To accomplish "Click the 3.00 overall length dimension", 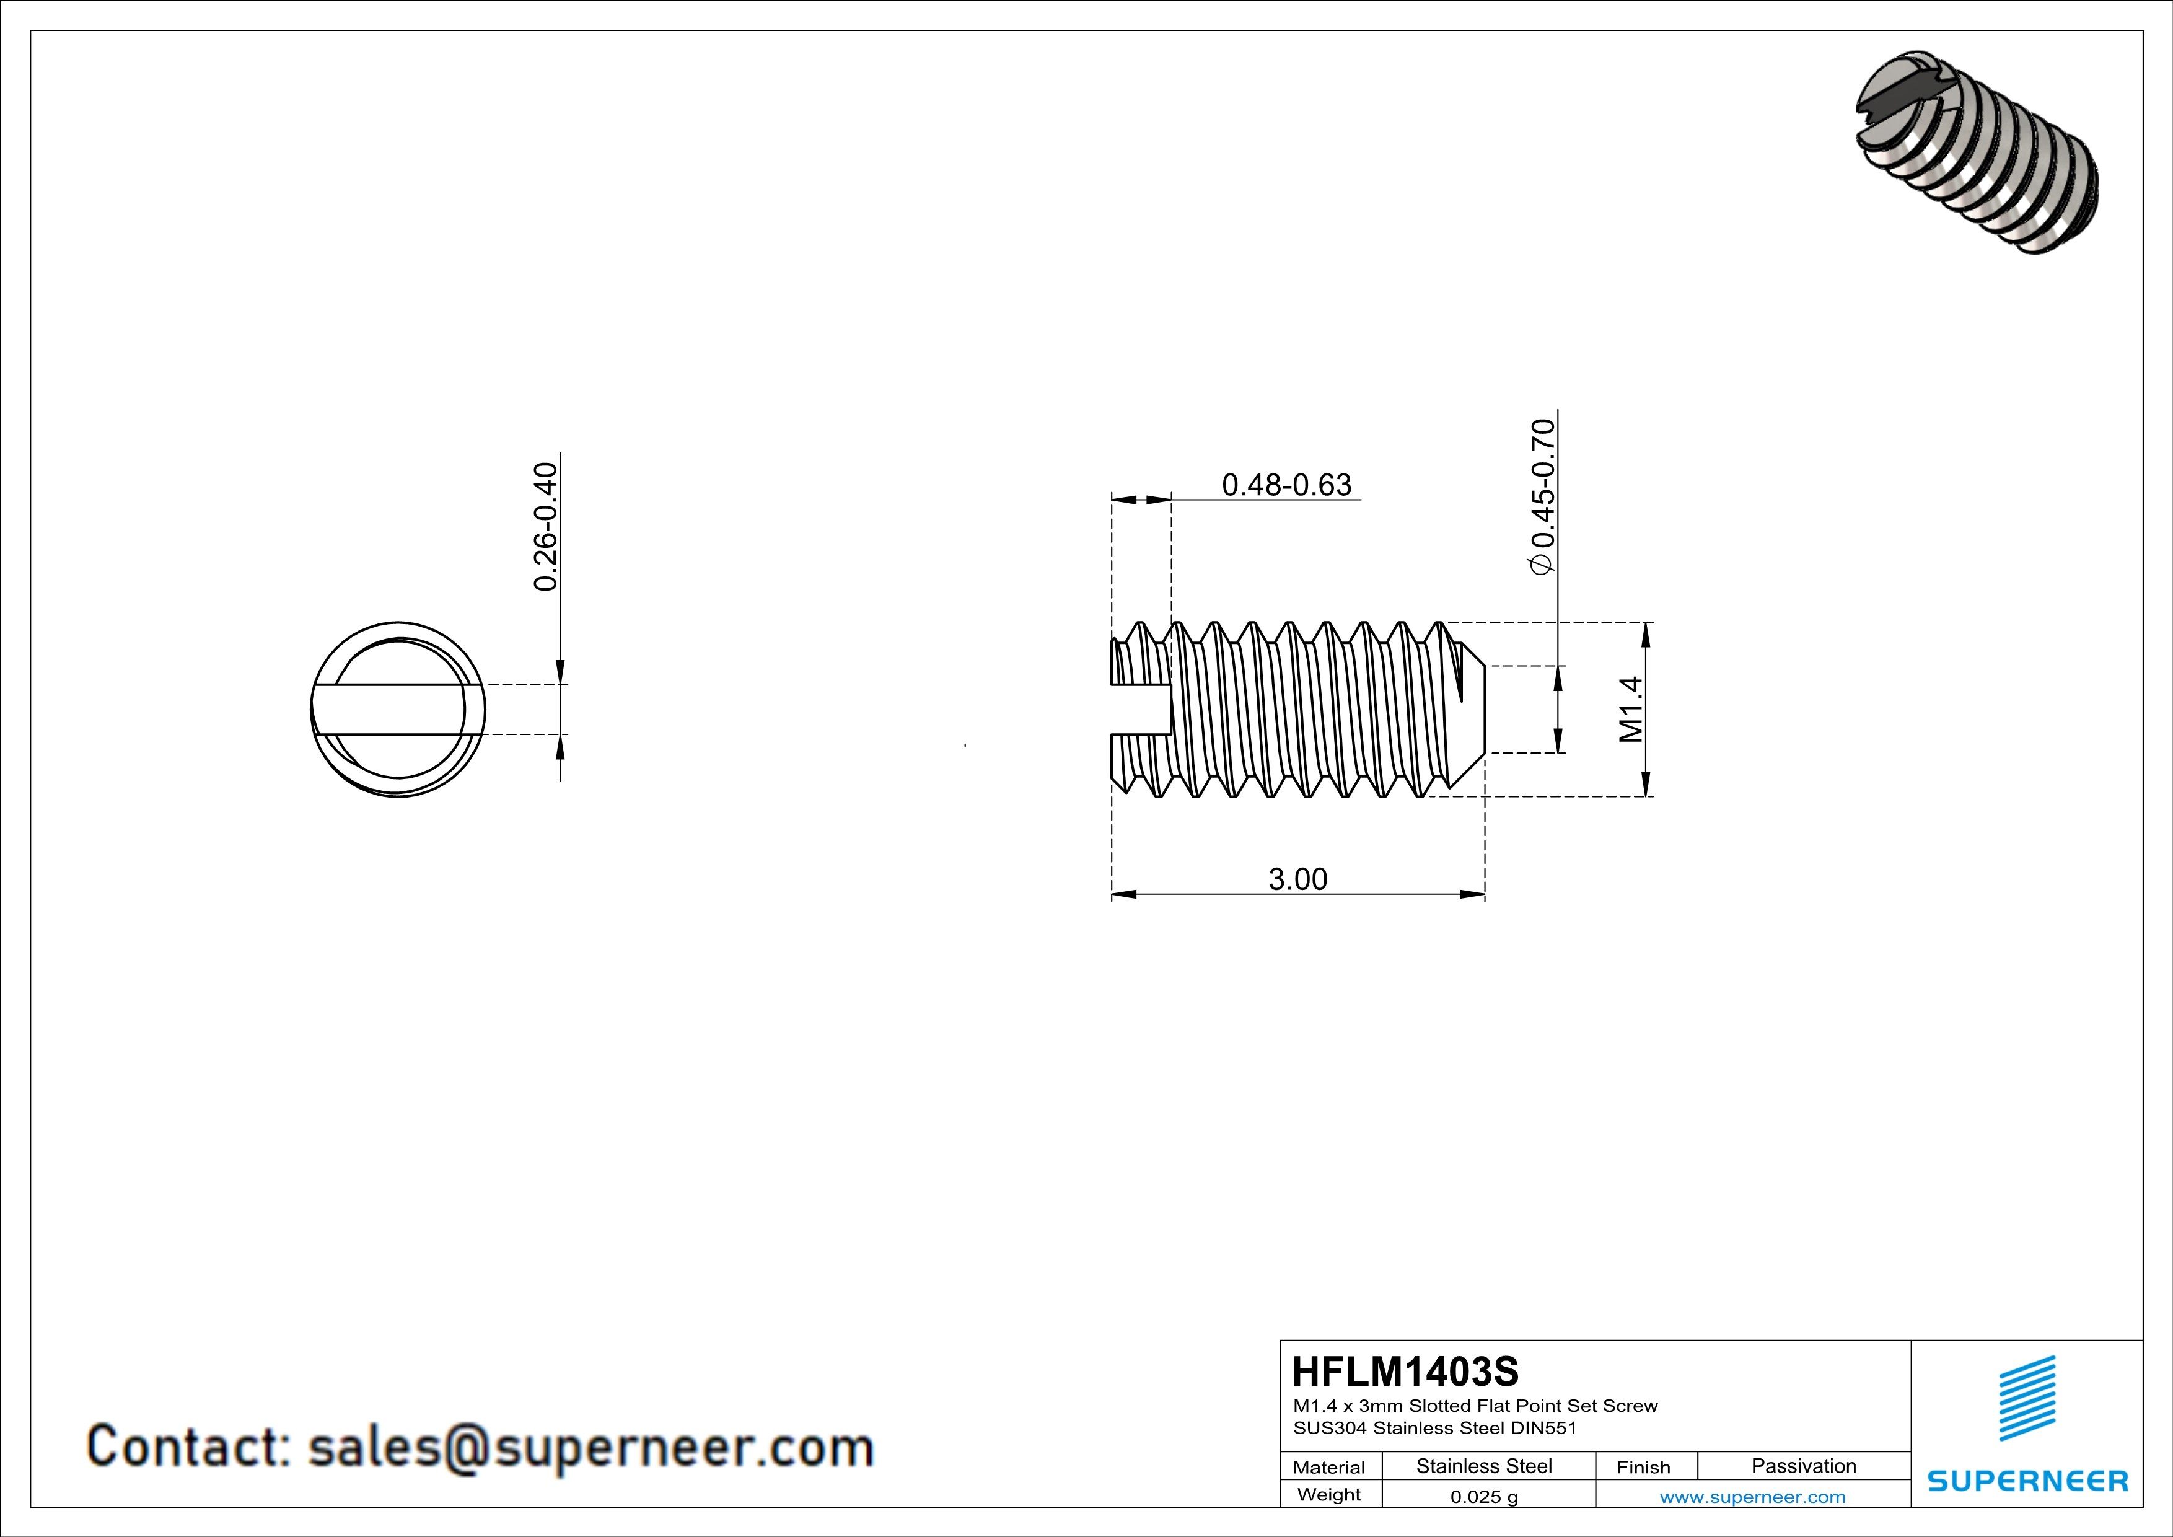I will (1297, 879).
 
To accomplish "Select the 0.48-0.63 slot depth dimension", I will (1286, 485).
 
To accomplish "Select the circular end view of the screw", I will (398, 709).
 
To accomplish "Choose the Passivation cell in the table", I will (1803, 1466).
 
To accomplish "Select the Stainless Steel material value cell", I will (1484, 1466).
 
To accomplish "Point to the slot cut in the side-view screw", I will (1141, 709).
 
